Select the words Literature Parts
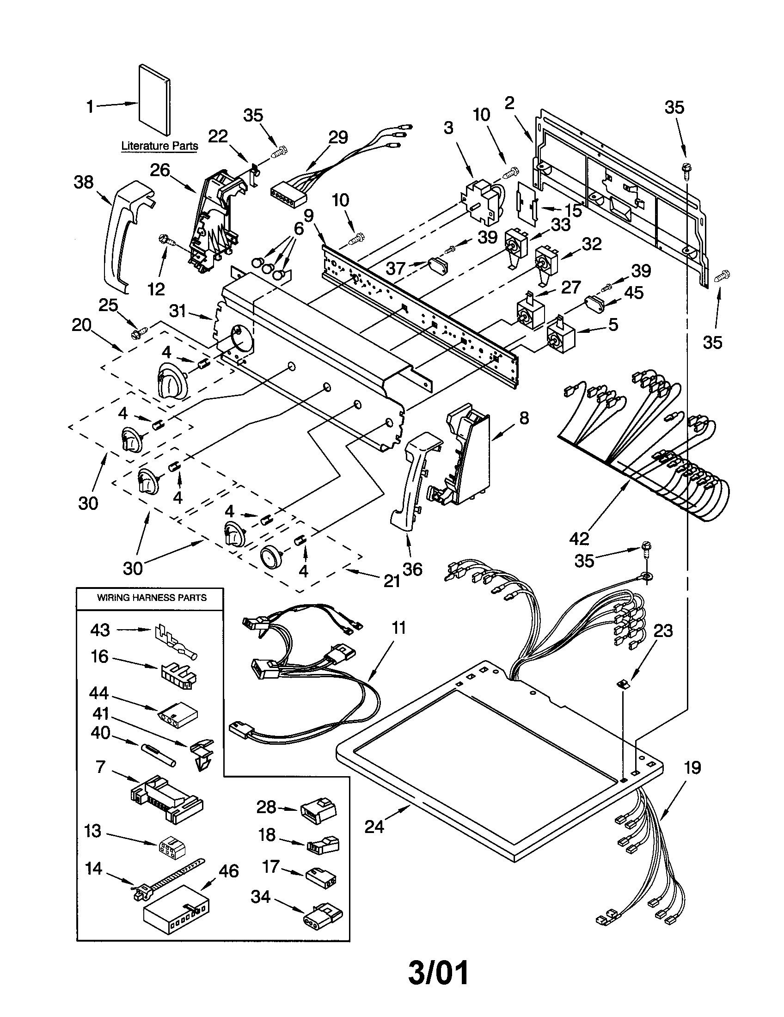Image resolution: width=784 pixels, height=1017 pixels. [x=159, y=146]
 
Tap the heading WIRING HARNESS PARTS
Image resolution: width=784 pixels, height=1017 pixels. [x=151, y=597]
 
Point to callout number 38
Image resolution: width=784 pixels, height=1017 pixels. [x=84, y=182]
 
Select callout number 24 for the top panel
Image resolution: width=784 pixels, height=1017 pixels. [x=374, y=827]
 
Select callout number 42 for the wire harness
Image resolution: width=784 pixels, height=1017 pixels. [x=579, y=539]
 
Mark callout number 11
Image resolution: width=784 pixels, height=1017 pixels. [x=399, y=628]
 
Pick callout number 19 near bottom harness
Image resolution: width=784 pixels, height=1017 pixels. [x=692, y=767]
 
